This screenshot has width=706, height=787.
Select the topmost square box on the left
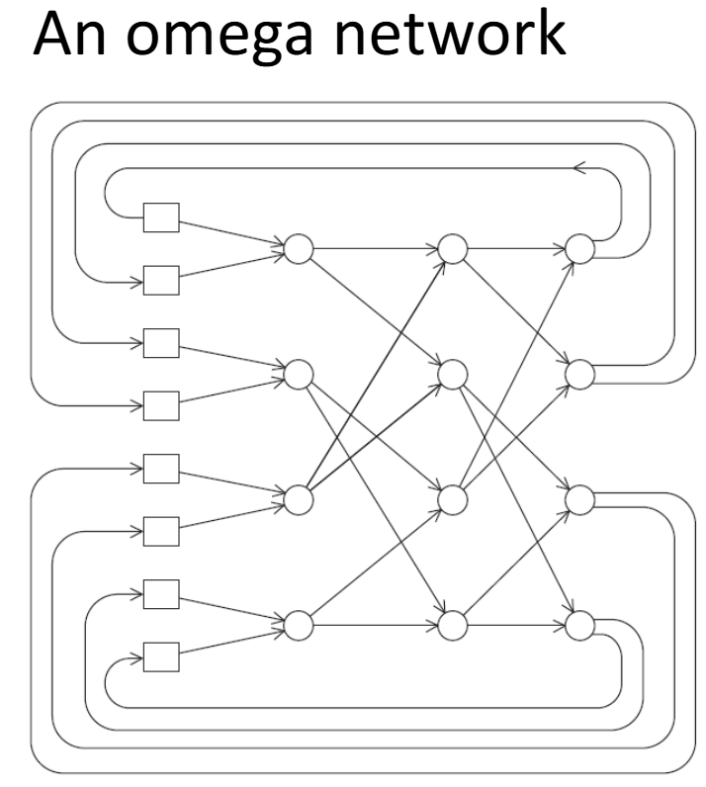(160, 217)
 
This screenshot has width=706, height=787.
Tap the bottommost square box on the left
(160, 656)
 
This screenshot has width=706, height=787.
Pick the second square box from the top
(160, 280)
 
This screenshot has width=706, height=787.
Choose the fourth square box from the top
(160, 404)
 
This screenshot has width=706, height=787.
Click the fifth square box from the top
(160, 467)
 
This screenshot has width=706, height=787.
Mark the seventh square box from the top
(160, 593)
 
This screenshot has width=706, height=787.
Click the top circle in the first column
(298, 249)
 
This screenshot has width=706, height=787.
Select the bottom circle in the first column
(298, 625)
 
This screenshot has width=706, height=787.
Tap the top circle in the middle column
(451, 249)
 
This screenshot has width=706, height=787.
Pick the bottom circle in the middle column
(451, 625)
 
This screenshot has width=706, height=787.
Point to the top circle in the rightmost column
(579, 249)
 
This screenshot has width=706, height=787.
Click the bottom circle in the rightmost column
(579, 625)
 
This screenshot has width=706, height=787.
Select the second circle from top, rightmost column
(579, 374)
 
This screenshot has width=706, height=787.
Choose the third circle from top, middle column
(451, 499)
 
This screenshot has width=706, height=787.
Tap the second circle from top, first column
(298, 374)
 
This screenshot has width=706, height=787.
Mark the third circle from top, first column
(298, 499)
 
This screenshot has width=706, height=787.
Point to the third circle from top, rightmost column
(579, 499)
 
